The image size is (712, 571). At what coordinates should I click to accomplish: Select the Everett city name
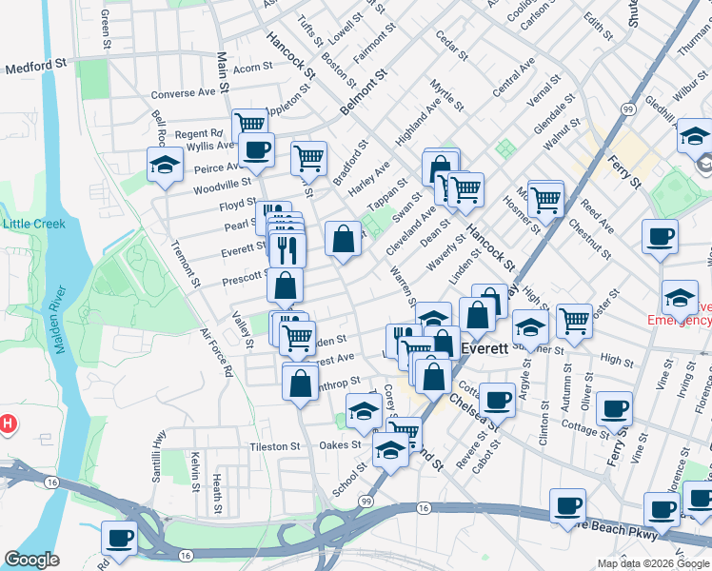click(x=480, y=349)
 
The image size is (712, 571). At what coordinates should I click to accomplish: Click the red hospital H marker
click(x=9, y=423)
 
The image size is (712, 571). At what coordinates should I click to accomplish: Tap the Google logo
click(x=32, y=560)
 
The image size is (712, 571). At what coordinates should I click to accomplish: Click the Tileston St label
click(x=275, y=445)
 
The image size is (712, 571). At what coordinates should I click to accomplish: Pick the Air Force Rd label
click(x=216, y=353)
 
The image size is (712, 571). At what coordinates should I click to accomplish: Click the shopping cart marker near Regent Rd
click(x=248, y=124)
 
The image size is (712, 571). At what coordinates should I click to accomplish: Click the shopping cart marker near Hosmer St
click(x=545, y=198)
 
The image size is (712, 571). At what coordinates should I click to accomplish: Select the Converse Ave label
click(x=185, y=93)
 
